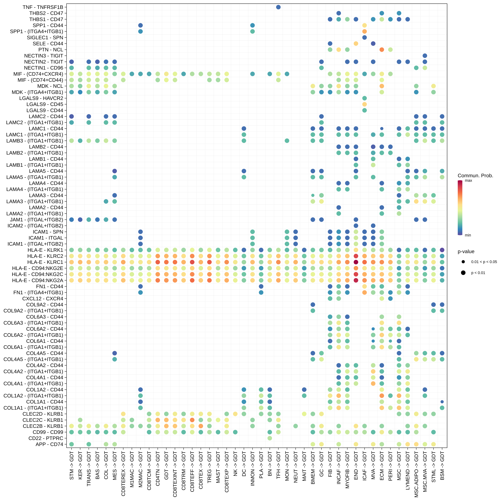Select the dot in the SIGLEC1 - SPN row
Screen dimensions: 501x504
364,38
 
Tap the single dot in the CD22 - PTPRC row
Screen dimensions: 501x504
270,438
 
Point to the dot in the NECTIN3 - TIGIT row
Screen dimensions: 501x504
425,56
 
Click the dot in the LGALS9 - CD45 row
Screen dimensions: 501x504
364,104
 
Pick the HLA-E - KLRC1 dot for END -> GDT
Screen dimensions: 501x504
356,262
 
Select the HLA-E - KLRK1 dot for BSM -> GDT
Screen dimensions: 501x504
442,250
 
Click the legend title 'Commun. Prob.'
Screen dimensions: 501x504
475,176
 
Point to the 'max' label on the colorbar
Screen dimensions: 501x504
469,181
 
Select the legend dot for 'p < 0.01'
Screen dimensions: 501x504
463,273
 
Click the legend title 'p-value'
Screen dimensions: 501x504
466,251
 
